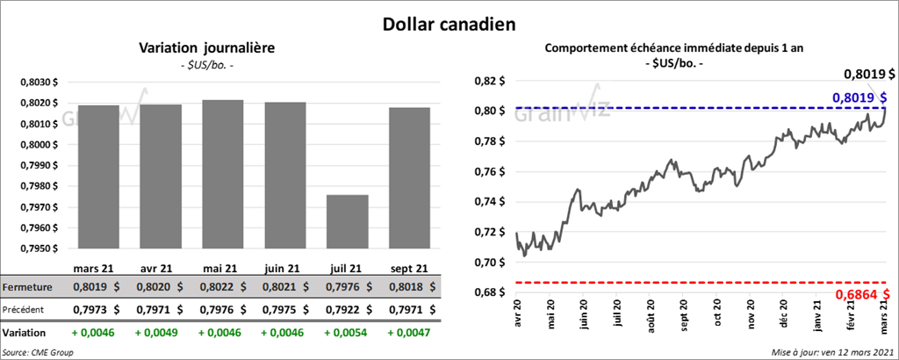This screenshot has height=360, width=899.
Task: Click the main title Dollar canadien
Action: coord(449,24)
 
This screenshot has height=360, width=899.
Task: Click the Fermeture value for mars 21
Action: coord(95,287)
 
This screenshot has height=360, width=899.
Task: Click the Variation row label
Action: coord(24,334)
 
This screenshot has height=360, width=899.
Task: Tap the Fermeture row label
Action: coord(27,287)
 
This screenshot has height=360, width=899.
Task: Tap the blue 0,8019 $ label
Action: coord(859,97)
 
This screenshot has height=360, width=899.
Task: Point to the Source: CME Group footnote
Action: coord(38,351)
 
